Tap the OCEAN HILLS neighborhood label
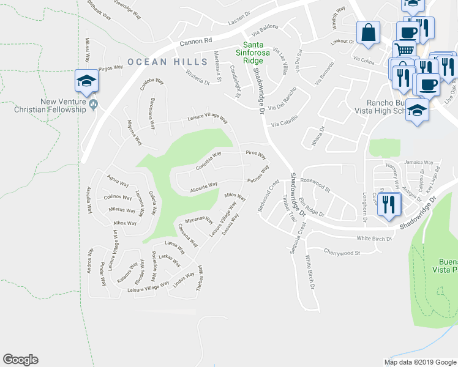[x=159, y=61]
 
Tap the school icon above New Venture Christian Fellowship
[x=87, y=81]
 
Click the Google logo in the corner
[x=20, y=360]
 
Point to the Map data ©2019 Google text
[x=419, y=361]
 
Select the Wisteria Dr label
[x=198, y=77]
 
